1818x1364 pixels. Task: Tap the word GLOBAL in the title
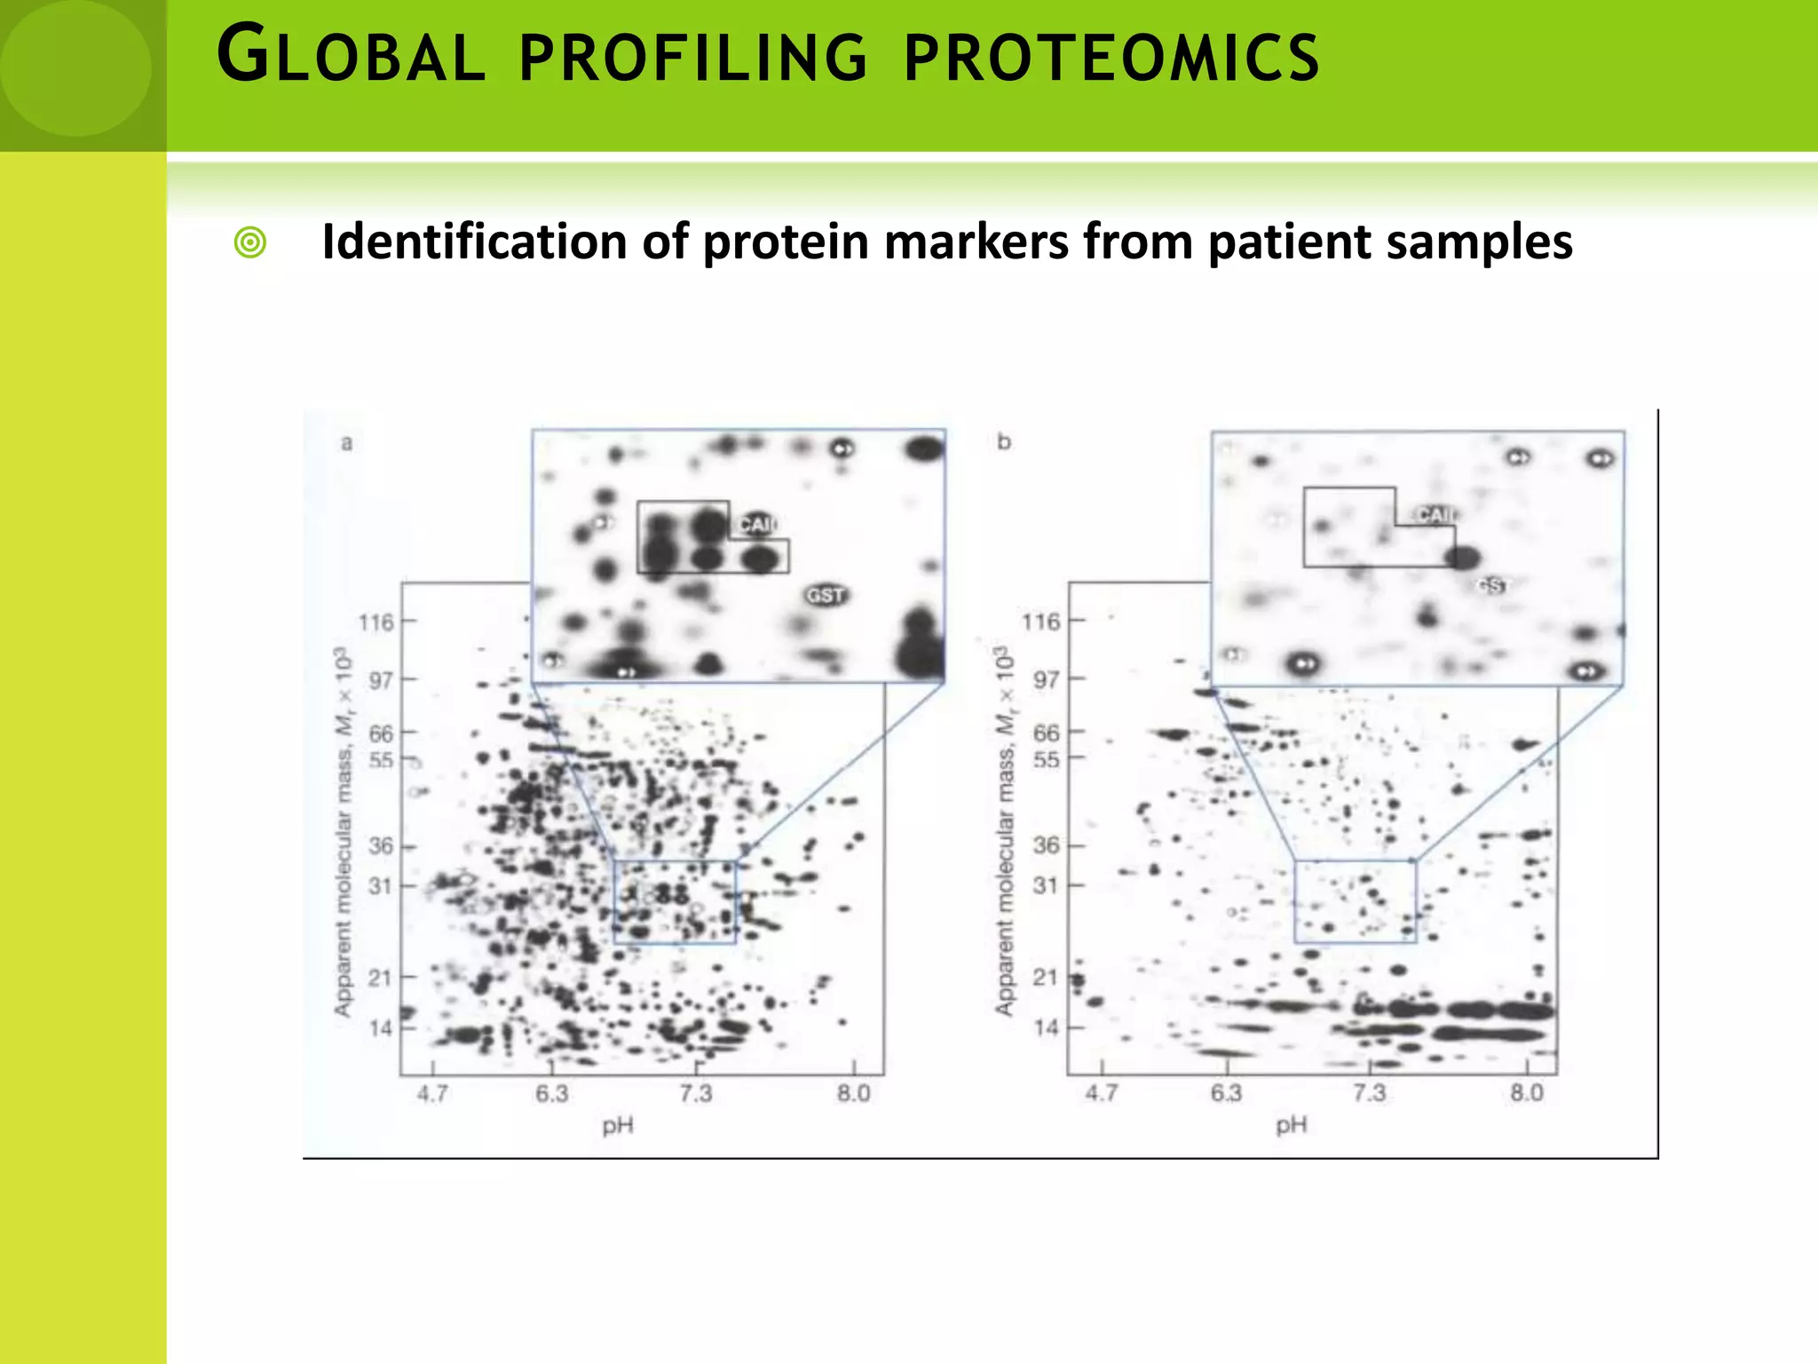351,57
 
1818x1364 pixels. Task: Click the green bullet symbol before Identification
250,242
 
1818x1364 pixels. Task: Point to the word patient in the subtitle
1289,242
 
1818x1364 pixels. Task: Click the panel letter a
347,442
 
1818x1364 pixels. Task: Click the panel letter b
1004,441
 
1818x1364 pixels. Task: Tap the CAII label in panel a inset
756,525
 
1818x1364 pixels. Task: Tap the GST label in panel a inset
826,595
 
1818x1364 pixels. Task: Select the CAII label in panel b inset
1435,515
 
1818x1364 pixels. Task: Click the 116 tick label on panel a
375,623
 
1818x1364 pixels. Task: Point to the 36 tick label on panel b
1047,845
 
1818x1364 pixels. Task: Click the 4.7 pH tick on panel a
432,1094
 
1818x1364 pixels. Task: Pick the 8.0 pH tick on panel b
1527,1093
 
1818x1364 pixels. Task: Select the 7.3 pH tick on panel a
696,1094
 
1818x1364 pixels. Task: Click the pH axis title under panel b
1292,1126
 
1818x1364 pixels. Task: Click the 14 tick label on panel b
1047,1027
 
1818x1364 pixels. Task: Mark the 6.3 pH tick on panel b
1226,1093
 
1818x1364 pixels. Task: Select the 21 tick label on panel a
380,978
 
